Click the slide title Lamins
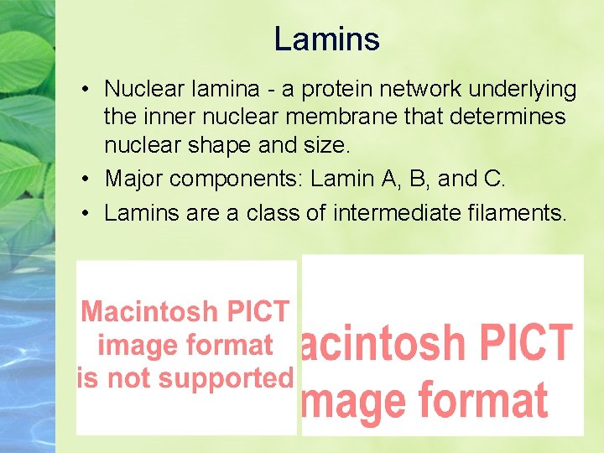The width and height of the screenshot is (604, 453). [x=326, y=39]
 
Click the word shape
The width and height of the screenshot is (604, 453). [x=232, y=145]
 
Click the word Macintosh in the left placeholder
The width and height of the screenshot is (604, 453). [x=148, y=312]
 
